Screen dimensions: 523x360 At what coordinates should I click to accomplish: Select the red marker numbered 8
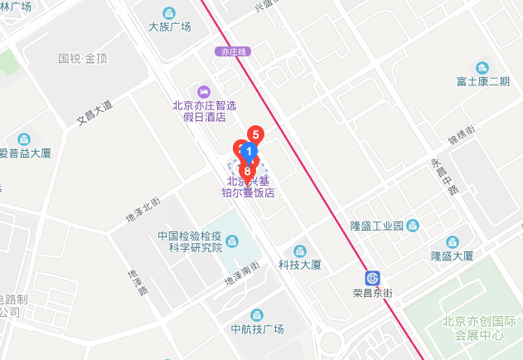point(247,171)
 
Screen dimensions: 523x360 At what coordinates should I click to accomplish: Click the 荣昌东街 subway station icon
point(373,277)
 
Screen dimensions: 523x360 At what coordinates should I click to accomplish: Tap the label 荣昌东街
point(372,294)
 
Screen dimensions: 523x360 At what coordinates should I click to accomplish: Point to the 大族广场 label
point(169,27)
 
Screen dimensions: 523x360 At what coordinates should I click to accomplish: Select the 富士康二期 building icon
point(482,67)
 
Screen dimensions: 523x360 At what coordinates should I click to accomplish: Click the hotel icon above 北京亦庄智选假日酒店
point(199,90)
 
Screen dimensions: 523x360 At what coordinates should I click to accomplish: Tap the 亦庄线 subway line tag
point(235,51)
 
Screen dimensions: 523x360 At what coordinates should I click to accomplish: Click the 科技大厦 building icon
point(300,251)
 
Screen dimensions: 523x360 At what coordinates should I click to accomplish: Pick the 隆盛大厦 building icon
point(452,241)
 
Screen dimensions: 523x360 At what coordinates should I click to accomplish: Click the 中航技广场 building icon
point(257,314)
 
